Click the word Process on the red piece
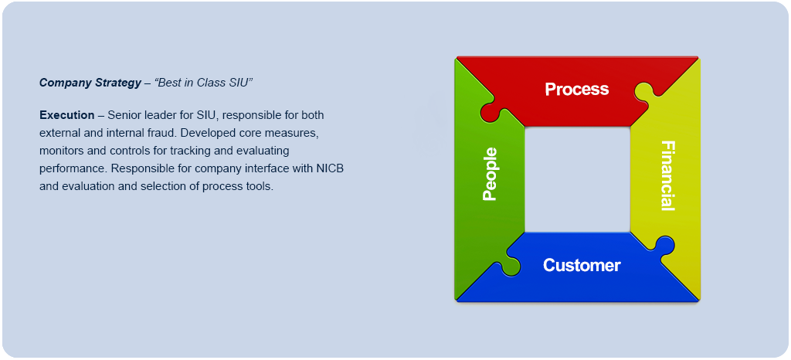pos(576,89)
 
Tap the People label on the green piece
pos(490,175)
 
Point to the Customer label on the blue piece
pos(582,265)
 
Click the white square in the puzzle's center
pos(577,179)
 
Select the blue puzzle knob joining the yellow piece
pos(664,245)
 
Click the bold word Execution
pos(66,115)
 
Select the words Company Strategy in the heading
pos(90,82)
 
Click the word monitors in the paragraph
pos(62,151)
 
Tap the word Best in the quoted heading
pos(170,82)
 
